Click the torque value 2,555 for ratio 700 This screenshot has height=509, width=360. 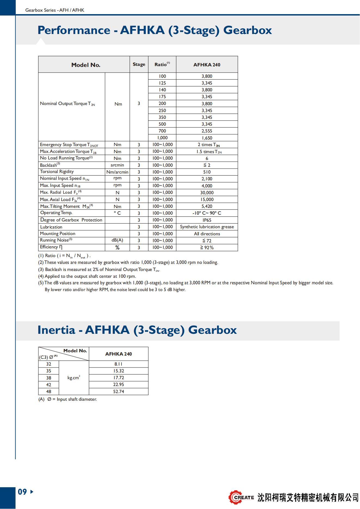[x=207, y=131]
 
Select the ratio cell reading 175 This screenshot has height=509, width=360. [x=162, y=97]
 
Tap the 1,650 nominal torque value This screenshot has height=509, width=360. [x=207, y=138]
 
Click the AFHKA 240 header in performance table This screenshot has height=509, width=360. [x=207, y=65]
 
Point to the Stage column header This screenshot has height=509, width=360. [x=139, y=64]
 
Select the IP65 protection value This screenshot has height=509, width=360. [x=207, y=220]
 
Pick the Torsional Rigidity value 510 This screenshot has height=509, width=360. [x=207, y=172]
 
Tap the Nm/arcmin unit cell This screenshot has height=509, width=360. [x=117, y=172]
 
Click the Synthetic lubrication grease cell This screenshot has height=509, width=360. [x=207, y=227]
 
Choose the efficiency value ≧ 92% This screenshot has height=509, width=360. [x=207, y=248]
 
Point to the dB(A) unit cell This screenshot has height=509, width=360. [x=117, y=240]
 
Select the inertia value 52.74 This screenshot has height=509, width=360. [x=118, y=391]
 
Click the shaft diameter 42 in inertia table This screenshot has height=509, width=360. [x=48, y=385]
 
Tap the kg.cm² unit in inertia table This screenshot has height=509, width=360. [x=74, y=378]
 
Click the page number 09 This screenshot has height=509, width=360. [x=22, y=492]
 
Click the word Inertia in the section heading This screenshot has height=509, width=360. [x=56, y=330]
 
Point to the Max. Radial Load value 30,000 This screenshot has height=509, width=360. [x=207, y=193]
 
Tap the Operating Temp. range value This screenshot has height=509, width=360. [x=207, y=213]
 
